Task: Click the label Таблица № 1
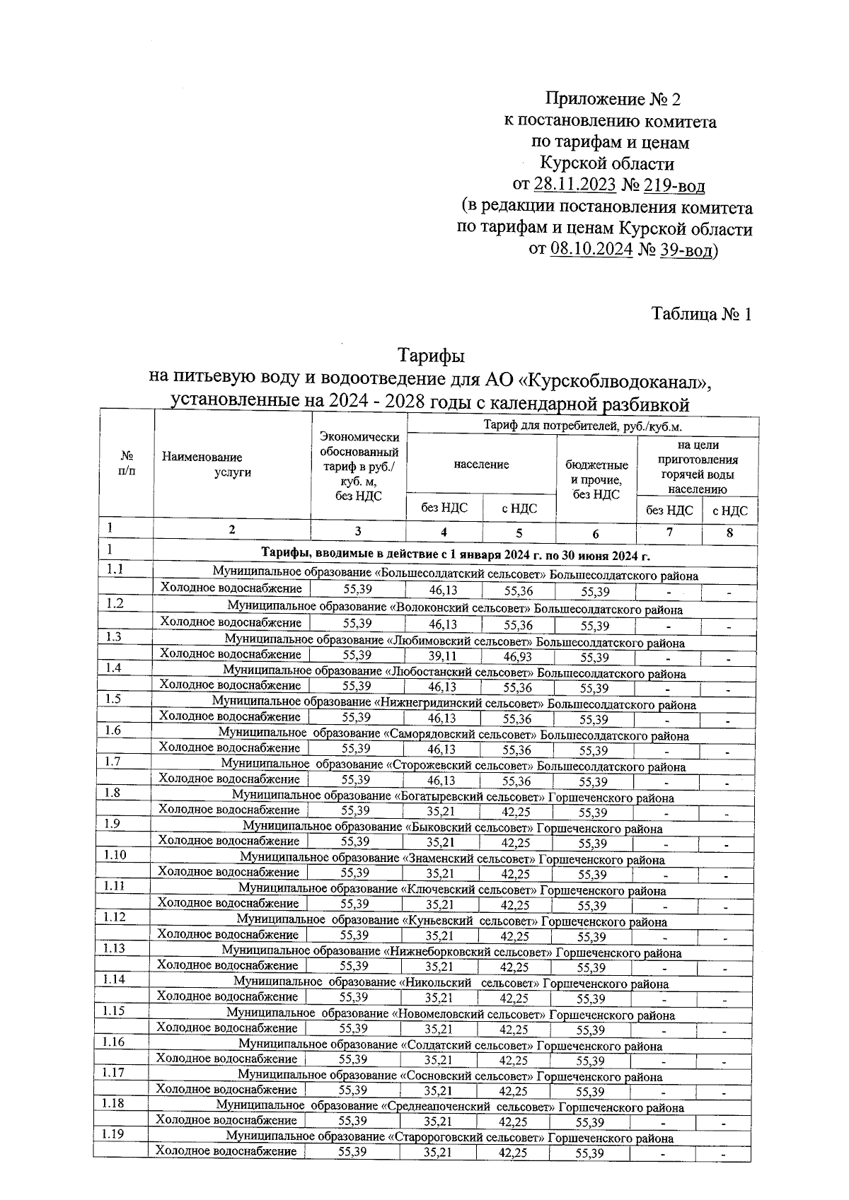pos(700,314)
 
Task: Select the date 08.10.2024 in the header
pos(590,250)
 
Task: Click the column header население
pos(481,465)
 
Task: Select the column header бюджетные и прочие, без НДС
pos(596,479)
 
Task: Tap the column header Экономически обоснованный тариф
pos(359,467)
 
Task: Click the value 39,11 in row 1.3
pos(443,657)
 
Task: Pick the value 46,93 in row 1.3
pos(518,657)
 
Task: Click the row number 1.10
pos(115,855)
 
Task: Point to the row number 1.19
pos(114,1135)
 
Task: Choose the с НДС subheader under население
pos(519,508)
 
